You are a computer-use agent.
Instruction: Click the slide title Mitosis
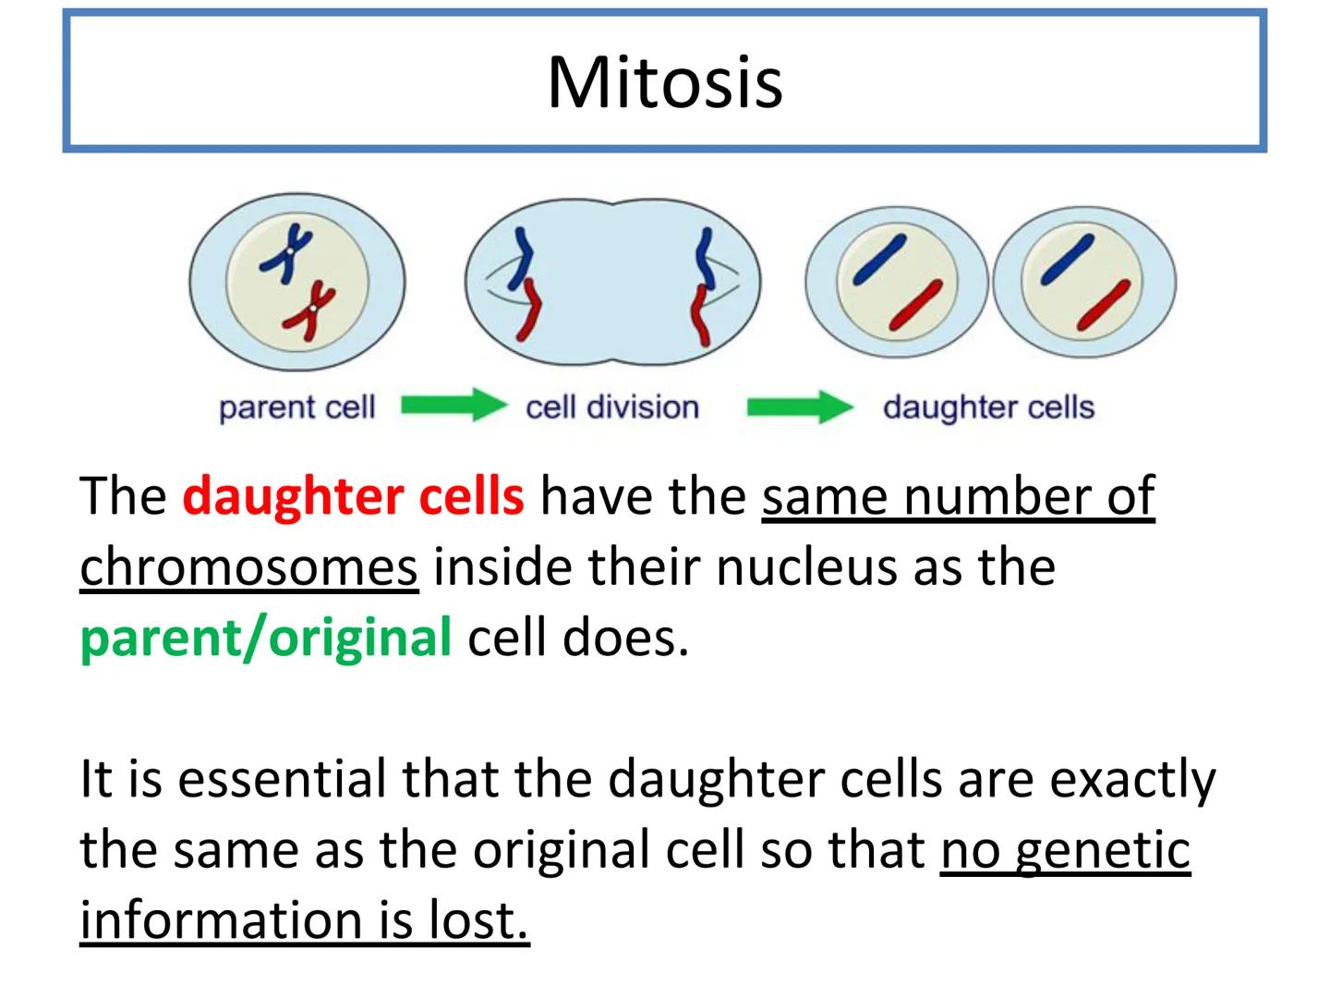tap(665, 82)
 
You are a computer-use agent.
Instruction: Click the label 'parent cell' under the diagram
tap(296, 408)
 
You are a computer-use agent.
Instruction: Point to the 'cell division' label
tap(611, 408)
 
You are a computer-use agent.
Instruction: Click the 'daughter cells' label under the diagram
tap(987, 408)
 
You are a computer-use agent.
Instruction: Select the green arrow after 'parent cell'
tap(453, 406)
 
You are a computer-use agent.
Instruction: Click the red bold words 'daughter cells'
tap(353, 496)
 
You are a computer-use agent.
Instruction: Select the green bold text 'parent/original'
tap(266, 638)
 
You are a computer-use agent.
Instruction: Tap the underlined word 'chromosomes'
tap(248, 566)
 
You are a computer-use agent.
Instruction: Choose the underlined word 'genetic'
tap(1103, 850)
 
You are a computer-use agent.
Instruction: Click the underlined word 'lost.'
tap(479, 920)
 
